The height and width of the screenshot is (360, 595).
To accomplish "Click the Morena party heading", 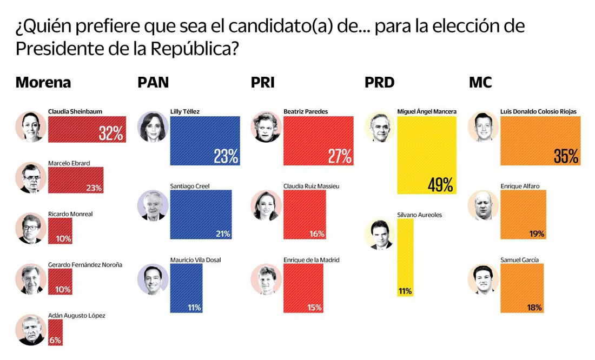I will tap(43, 83).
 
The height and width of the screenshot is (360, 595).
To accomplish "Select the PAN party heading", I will tap(153, 83).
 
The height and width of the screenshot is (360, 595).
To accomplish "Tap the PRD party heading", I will tap(379, 83).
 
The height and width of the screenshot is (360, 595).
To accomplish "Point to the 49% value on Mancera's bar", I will tap(440, 185).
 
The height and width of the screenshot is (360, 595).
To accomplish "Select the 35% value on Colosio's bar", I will tap(566, 156).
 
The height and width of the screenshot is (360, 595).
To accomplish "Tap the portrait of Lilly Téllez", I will tap(153, 126).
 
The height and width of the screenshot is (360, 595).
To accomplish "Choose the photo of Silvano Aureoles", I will tap(380, 234).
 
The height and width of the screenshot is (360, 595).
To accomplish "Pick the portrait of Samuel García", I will tap(483, 278).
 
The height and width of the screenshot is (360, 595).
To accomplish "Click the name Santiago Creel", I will tap(189, 186).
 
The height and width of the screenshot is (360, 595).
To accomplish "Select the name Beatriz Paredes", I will tap(306, 112).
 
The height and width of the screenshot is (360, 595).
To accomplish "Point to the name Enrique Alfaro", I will tap(520, 186).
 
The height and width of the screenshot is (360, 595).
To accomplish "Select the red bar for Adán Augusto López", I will tap(55, 331).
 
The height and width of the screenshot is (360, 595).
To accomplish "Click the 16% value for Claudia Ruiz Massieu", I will tap(318, 234).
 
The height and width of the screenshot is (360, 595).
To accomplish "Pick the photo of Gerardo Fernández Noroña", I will tap(31, 279).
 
